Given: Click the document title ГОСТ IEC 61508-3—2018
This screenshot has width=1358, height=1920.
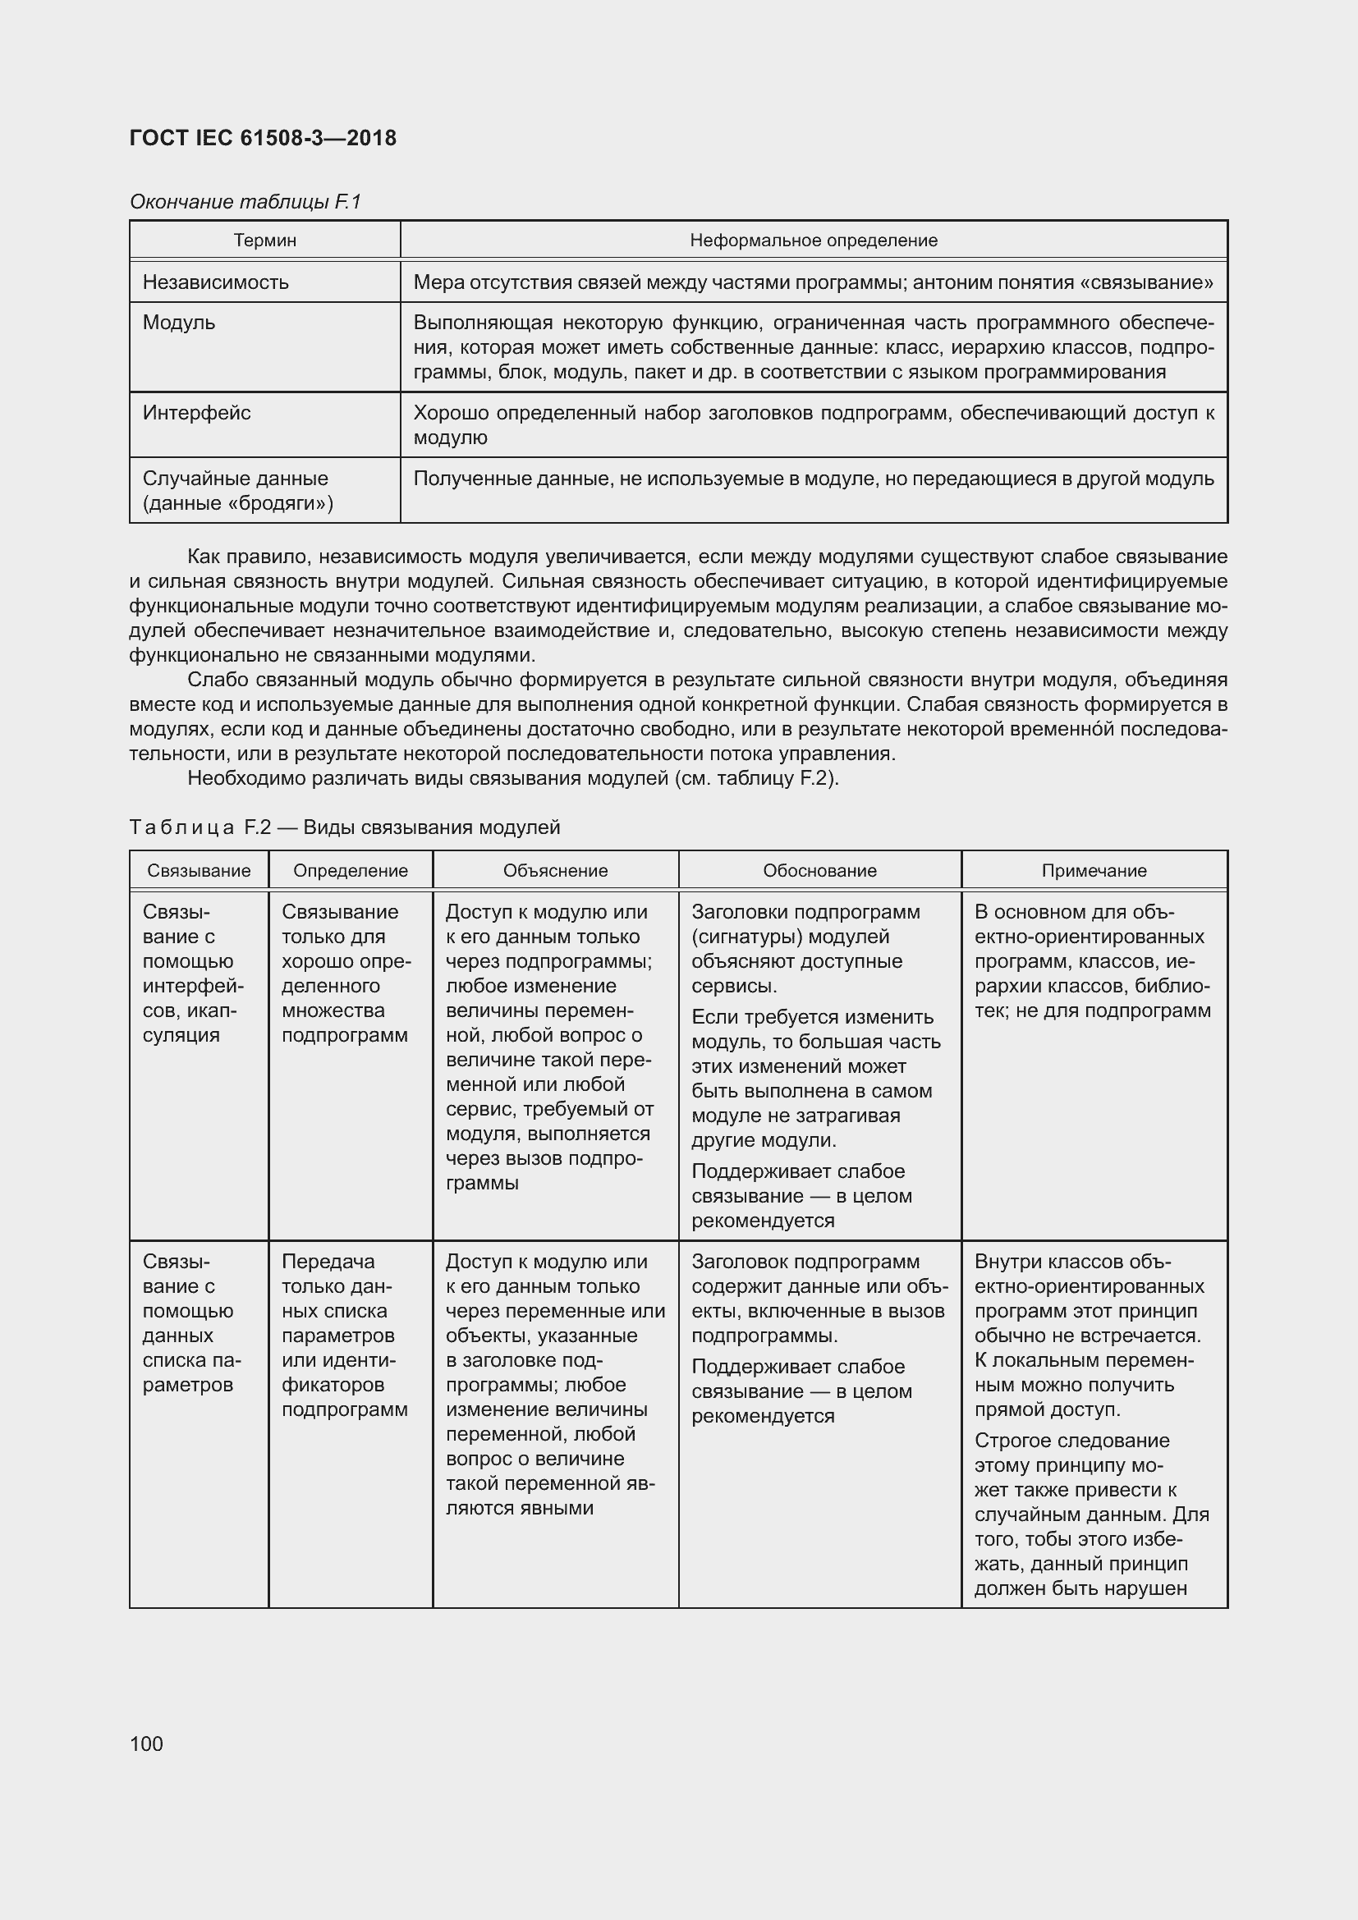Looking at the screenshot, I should (x=263, y=138).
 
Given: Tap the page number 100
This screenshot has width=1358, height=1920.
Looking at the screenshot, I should (x=146, y=1744).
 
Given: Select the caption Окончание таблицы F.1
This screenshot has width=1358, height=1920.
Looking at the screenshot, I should (x=245, y=202).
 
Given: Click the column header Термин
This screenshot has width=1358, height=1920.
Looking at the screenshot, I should (x=264, y=241).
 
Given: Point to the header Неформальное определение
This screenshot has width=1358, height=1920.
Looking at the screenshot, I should (x=813, y=241).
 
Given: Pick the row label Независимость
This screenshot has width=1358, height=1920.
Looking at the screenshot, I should (x=215, y=282).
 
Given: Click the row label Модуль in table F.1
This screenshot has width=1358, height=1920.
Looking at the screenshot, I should (x=178, y=323).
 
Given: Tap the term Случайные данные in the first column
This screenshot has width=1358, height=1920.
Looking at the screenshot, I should (x=235, y=479).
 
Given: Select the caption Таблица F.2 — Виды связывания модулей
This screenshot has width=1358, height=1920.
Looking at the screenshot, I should (x=345, y=827).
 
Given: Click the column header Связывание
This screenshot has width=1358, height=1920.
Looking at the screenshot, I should (x=198, y=870).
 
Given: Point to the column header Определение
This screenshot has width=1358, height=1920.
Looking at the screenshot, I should (x=351, y=870).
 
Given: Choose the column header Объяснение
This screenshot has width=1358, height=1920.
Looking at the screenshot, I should (x=555, y=870).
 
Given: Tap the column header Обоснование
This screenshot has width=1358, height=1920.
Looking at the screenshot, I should (x=819, y=870).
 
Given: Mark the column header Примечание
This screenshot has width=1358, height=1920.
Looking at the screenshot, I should (x=1094, y=870).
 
